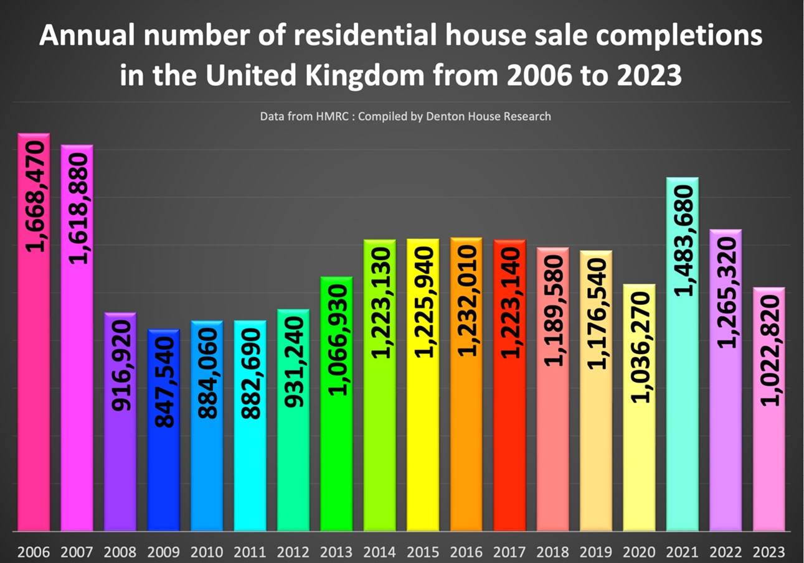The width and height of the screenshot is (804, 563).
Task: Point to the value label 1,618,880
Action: (77, 206)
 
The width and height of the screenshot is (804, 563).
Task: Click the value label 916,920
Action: (121, 365)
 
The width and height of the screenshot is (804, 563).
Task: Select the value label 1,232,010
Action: (466, 300)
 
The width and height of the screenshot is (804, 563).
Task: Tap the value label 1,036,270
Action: (639, 347)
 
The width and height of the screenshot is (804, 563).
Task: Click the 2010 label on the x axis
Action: (207, 552)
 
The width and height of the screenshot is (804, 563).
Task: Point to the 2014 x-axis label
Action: (380, 552)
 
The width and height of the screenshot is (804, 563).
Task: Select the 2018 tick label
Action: (552, 552)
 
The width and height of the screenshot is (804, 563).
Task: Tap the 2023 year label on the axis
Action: (769, 552)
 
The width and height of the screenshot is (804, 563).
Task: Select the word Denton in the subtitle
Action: (443, 116)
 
